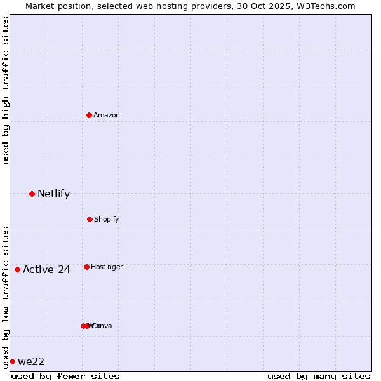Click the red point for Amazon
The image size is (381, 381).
pyautogui.click(x=90, y=115)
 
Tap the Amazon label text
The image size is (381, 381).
pyautogui.click(x=107, y=115)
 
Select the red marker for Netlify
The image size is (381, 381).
pyautogui.click(x=32, y=194)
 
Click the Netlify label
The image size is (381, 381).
pyautogui.click(x=53, y=194)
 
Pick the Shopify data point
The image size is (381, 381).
pyautogui.click(x=90, y=219)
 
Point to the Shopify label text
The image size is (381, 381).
pyautogui.click(x=107, y=219)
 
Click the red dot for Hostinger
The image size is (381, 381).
pyautogui.click(x=86, y=267)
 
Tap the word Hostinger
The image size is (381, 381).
pyautogui.click(x=107, y=267)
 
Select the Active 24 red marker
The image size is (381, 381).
pyautogui.click(x=17, y=269)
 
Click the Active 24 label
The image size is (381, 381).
pyautogui.click(x=46, y=270)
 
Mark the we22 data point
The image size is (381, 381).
pyautogui.click(x=12, y=361)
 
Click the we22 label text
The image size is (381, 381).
pyautogui.click(x=31, y=362)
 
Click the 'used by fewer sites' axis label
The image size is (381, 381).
pyautogui.click(x=65, y=376)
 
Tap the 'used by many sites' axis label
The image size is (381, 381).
pyautogui.click(x=319, y=376)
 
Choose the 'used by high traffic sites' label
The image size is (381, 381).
pyautogui.click(x=6, y=90)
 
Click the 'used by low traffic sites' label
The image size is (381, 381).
pyautogui.click(x=6, y=297)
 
